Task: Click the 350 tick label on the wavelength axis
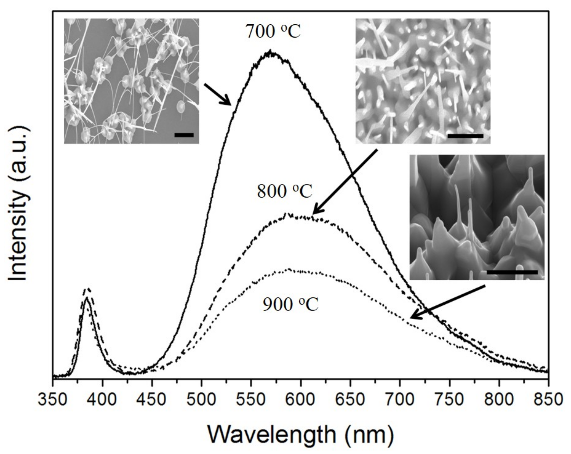[53, 399]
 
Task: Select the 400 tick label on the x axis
[103, 399]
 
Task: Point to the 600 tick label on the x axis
[301, 399]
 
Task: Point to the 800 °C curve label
[284, 191]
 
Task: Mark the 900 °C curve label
[290, 304]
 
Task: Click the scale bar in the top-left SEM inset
[184, 135]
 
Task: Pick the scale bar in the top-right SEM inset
[465, 136]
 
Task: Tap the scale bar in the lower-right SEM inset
[512, 272]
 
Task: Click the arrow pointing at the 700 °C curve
[217, 94]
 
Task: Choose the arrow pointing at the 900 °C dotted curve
[447, 302]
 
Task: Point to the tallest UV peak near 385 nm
[88, 289]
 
